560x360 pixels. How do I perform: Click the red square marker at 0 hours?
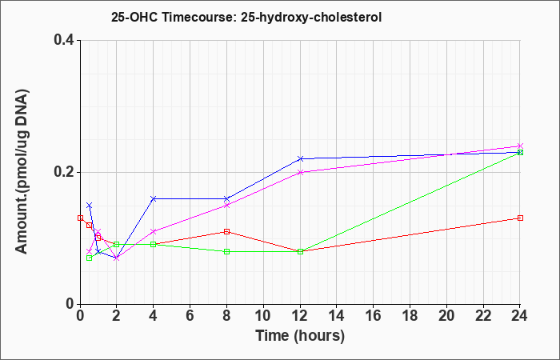pos(80,218)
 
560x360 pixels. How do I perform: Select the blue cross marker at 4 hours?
pos(154,198)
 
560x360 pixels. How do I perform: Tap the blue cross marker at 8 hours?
pos(226,198)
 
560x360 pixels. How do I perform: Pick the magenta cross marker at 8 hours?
pos(226,206)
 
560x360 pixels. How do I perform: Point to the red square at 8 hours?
pos(226,231)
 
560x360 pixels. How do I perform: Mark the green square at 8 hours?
pos(226,251)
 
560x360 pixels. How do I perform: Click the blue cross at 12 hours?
pos(300,158)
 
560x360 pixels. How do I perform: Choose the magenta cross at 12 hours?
pos(300,172)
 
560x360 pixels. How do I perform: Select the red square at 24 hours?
pos(520,218)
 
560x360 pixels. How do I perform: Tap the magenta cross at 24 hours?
pos(520,146)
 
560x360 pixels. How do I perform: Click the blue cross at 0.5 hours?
pos(90,206)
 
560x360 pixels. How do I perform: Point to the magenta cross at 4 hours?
pos(154,231)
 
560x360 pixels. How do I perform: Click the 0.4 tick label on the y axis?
pos(64,40)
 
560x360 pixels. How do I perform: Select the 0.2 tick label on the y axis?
pos(64,172)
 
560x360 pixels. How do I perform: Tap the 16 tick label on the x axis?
pos(374,316)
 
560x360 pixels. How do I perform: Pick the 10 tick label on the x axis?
pos(263,316)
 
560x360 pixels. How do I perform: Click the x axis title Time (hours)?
pos(300,336)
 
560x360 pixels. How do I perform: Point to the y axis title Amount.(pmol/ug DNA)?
pos(22,172)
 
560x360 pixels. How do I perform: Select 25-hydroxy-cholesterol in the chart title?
pos(311,18)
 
